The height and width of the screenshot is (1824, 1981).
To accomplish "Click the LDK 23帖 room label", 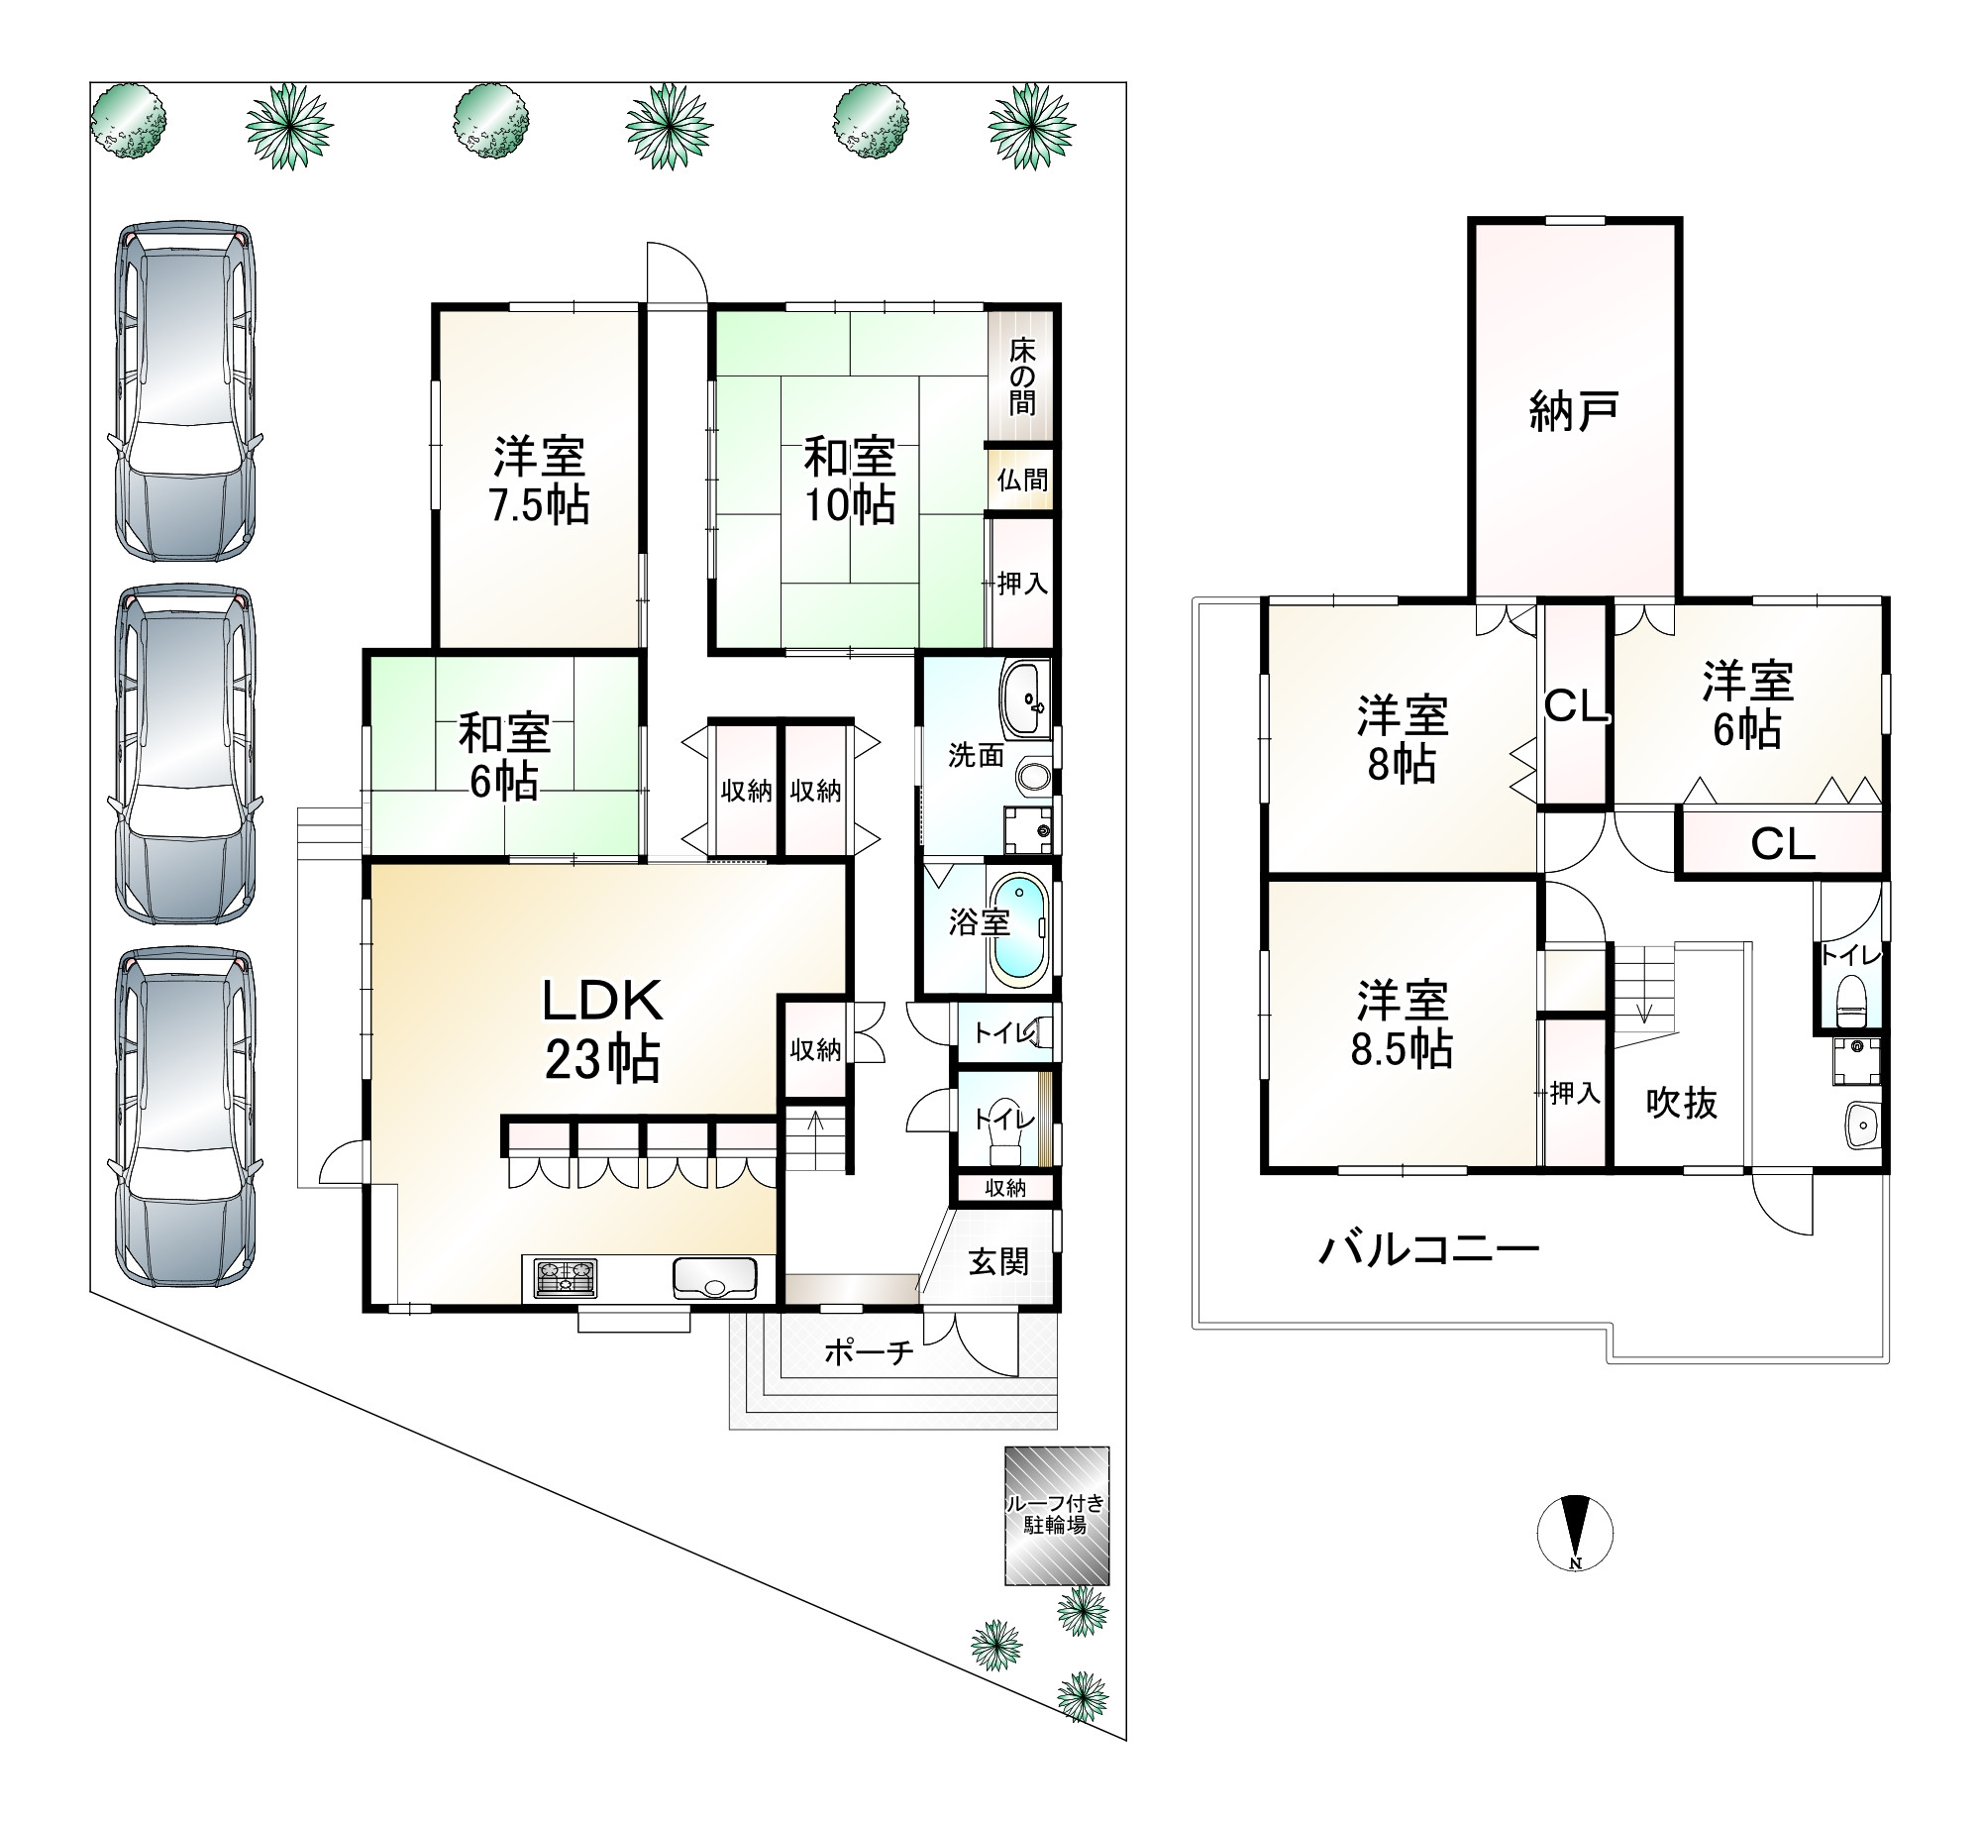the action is (602, 1030).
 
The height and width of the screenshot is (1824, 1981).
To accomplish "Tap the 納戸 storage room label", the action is (1574, 411).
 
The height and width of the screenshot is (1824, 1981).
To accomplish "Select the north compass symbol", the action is (1575, 1532).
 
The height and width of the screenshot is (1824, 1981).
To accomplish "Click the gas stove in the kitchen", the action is (566, 1278).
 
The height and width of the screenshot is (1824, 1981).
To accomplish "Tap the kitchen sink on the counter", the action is (714, 1278).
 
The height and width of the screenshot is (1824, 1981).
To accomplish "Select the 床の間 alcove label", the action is (1022, 376).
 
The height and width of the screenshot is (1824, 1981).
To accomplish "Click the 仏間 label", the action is (1022, 481).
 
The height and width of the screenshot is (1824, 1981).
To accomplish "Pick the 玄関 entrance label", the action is (998, 1262).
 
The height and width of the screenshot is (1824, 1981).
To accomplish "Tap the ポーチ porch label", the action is (868, 1353).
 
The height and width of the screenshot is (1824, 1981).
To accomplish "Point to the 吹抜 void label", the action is (1682, 1103).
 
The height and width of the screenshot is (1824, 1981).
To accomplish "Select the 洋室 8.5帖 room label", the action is (1403, 1024).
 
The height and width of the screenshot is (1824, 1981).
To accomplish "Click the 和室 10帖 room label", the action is (849, 482).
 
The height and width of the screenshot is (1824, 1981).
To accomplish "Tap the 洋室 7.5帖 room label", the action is (539, 481).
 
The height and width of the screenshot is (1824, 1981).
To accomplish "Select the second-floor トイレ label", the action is (1851, 956).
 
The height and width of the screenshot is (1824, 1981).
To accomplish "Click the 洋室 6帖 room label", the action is (1748, 705).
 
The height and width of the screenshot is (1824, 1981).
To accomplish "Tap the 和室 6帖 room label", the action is (503, 757).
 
